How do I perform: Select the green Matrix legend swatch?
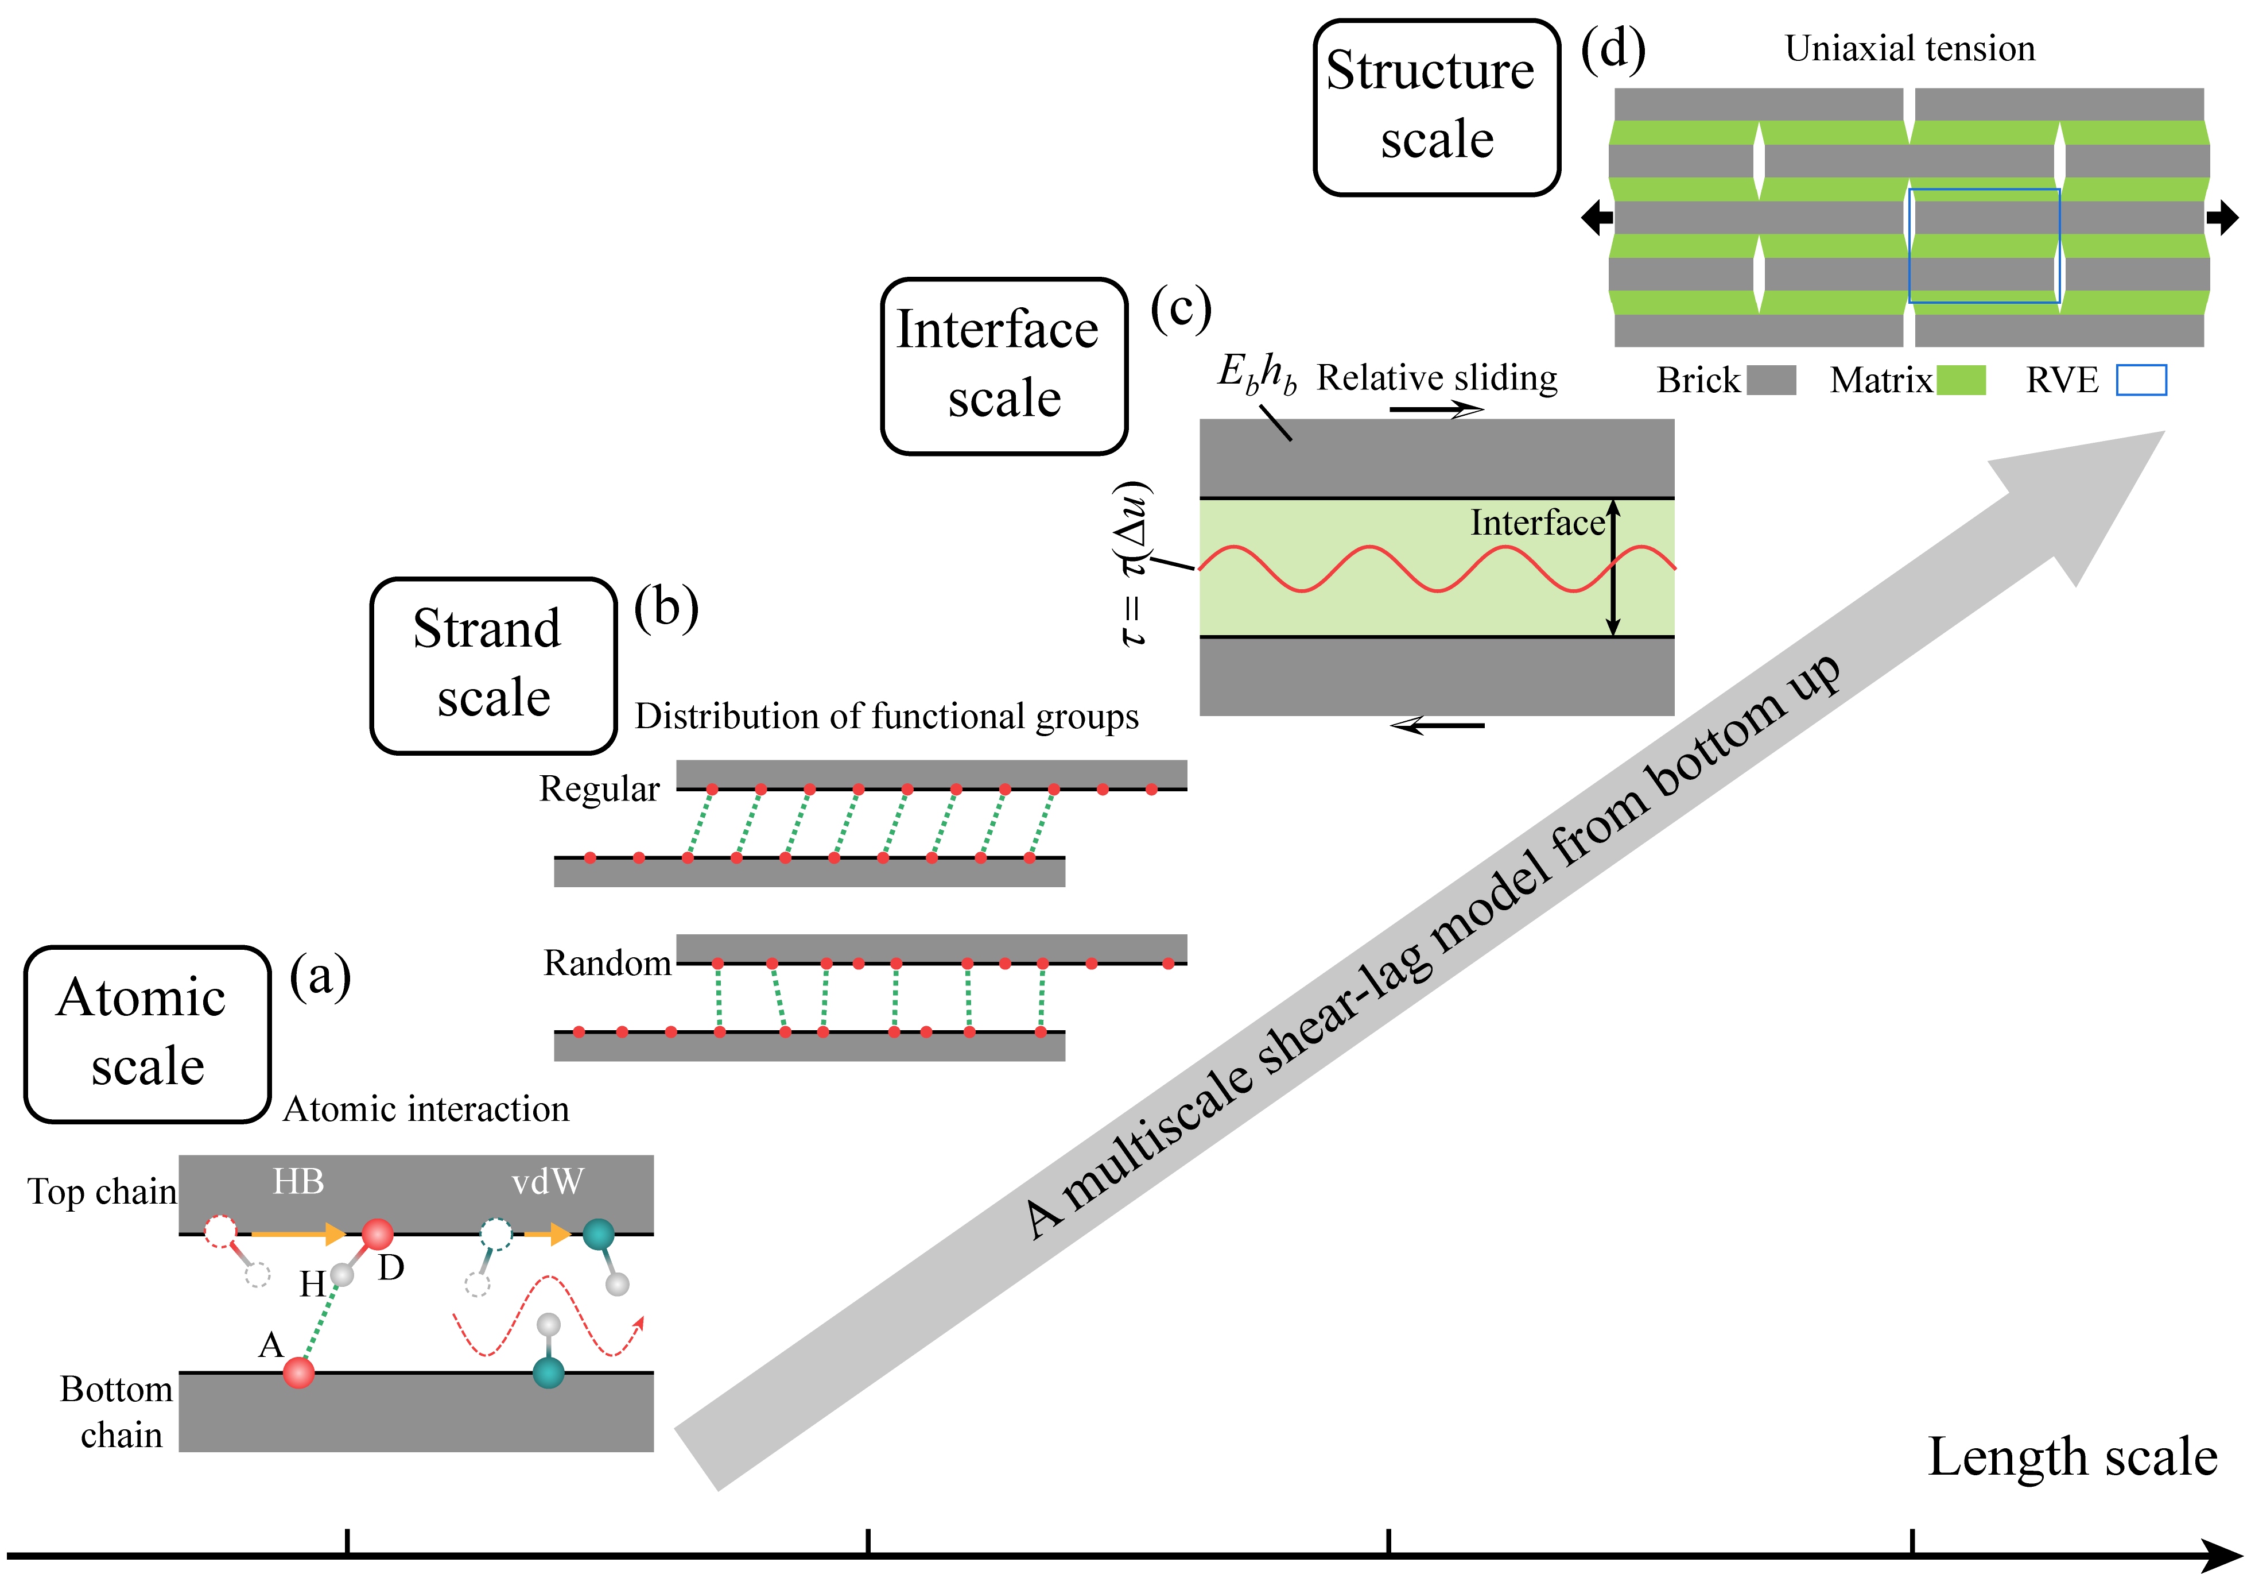(1961, 380)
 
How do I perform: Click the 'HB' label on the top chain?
(298, 1182)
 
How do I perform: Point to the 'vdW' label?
(547, 1182)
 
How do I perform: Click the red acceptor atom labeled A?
(299, 1372)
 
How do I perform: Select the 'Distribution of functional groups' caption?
(886, 717)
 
